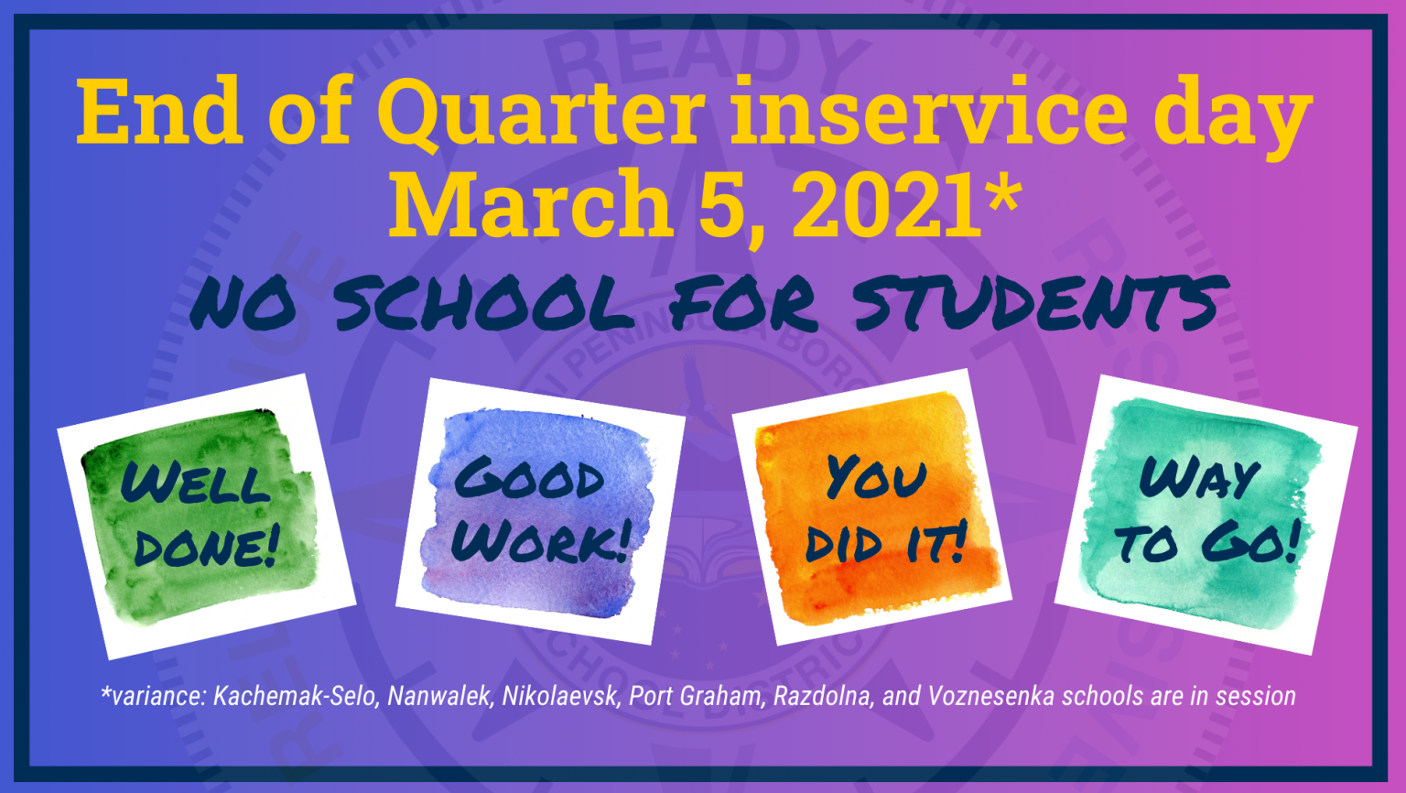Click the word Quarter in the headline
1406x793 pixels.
coord(540,114)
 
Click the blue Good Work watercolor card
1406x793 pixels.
coord(540,513)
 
